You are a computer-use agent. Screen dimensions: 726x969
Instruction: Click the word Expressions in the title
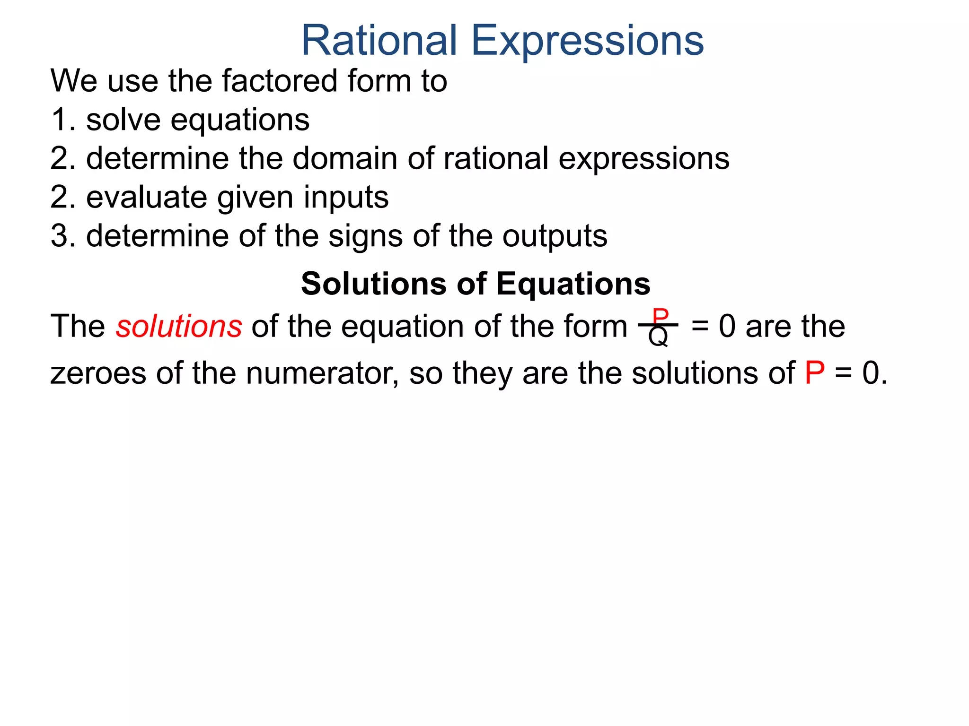coord(587,42)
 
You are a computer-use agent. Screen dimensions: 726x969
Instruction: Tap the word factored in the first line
coord(279,81)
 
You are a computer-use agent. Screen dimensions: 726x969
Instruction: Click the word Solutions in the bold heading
coord(373,284)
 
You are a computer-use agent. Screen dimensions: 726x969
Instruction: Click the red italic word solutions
coord(179,327)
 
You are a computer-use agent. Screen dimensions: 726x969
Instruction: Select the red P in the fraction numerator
coord(660,315)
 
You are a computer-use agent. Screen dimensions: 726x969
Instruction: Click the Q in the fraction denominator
coord(658,337)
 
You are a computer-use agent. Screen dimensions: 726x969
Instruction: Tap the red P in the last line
coord(815,373)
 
